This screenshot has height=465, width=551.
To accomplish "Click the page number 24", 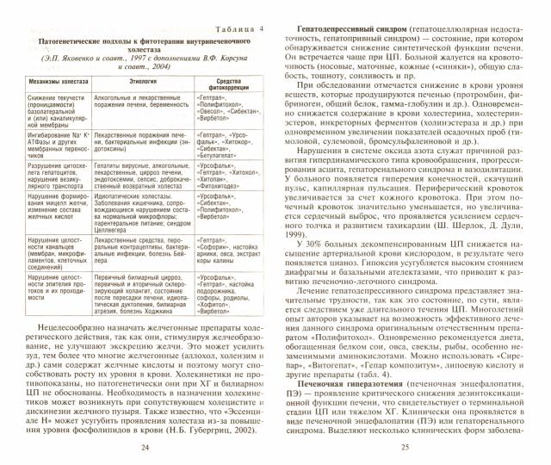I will pos(143,446).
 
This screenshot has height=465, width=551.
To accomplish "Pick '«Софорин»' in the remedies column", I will pos(219,244).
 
